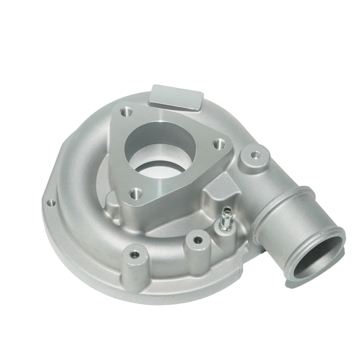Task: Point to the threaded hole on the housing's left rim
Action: click(50, 203)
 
